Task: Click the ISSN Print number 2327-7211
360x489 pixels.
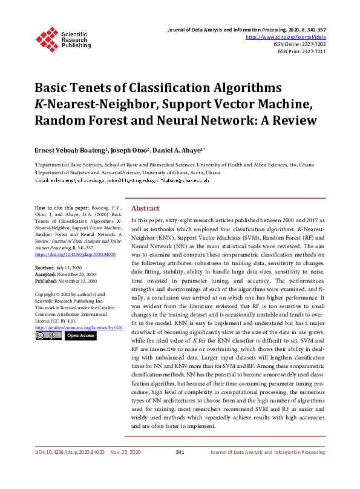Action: click(312, 51)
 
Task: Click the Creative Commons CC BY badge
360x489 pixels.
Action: click(48, 335)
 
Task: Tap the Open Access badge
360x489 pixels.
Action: click(80, 335)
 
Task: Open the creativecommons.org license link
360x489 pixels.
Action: click(79, 327)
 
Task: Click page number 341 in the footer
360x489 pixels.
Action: click(179, 452)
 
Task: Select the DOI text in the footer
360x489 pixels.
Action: click(69, 452)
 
